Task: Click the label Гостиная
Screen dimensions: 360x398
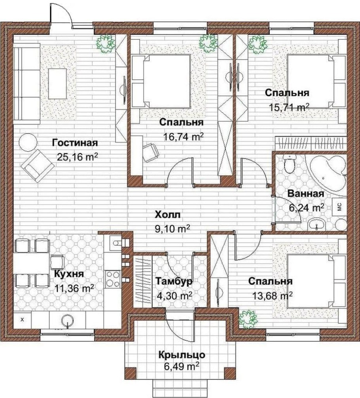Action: pos(75,143)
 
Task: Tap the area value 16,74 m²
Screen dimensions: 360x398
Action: pos(183,137)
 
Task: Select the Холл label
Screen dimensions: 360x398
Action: pos(168,215)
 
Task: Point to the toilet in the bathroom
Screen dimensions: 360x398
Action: pos(289,165)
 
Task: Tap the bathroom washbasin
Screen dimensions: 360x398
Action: pos(316,224)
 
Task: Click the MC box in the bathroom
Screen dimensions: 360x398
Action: pos(340,207)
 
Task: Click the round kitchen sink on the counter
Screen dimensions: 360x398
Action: pos(67,320)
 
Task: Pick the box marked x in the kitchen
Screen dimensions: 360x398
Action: pos(23,320)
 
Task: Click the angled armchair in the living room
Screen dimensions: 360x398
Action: pos(38,166)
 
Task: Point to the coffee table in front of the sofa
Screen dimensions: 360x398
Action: pos(57,84)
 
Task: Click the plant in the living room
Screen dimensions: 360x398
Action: pos(105,43)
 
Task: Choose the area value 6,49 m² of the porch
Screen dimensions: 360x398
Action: pos(181,366)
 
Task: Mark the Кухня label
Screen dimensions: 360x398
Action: pos(69,274)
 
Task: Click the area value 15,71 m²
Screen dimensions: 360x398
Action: pos(289,108)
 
